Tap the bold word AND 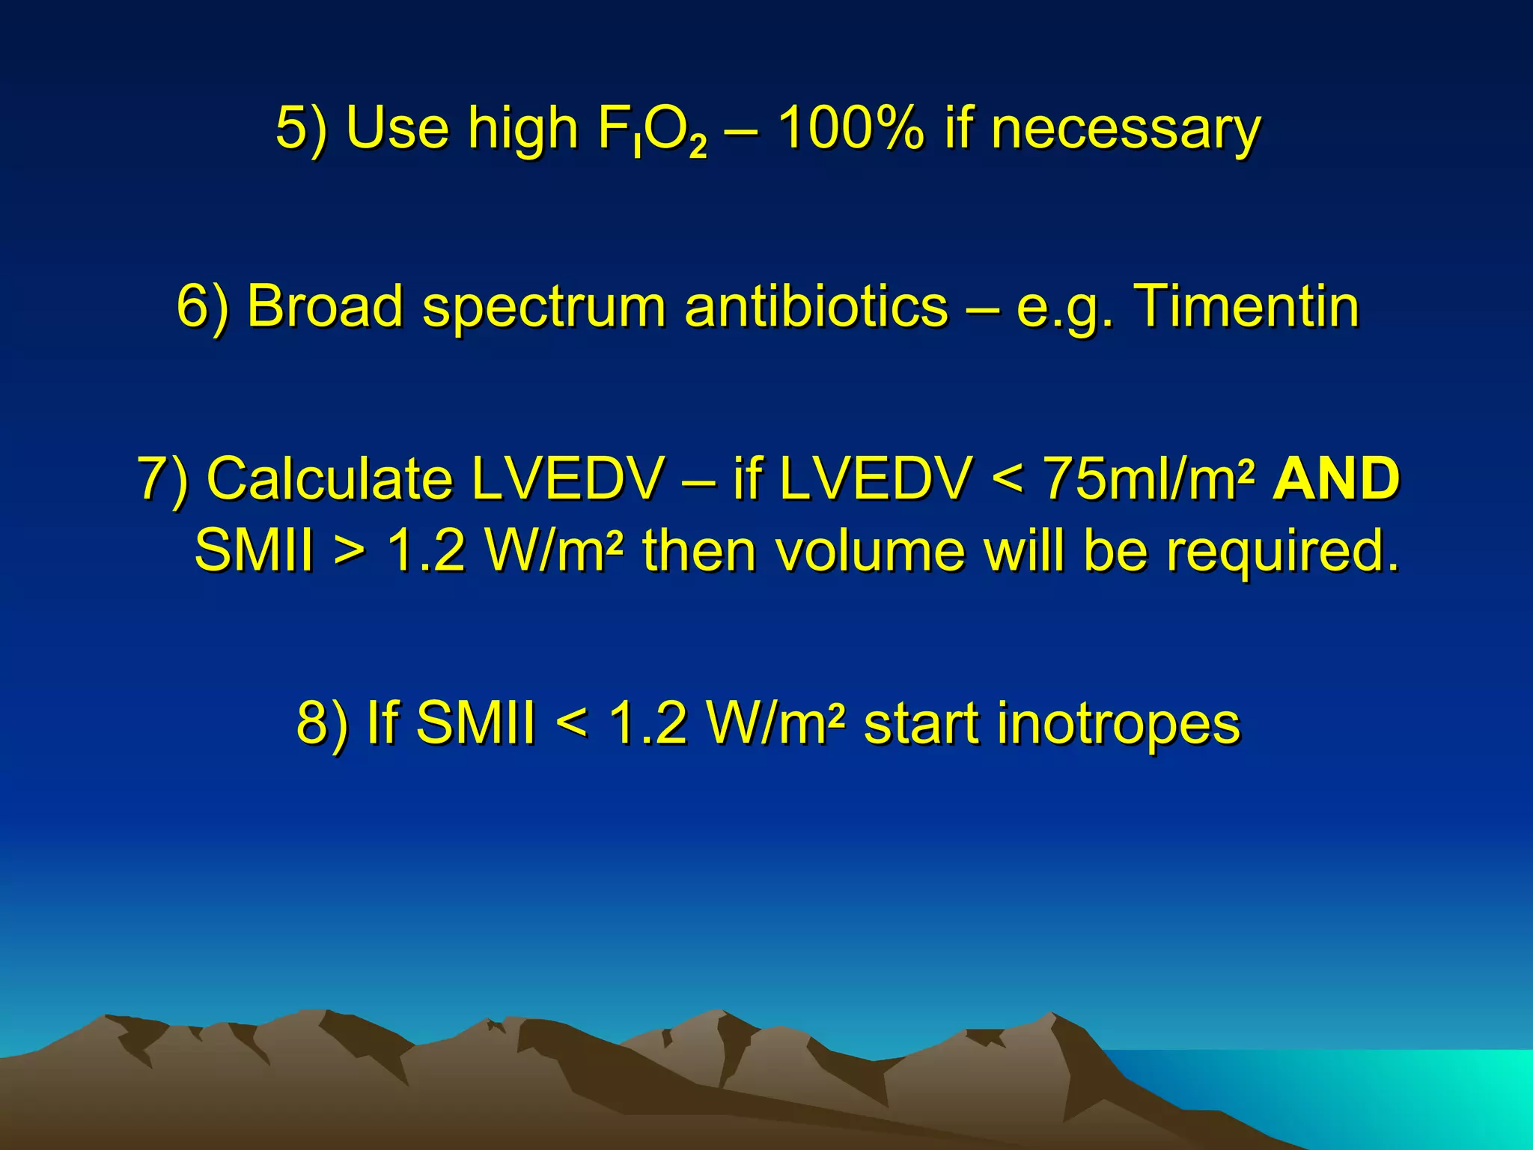(1337, 479)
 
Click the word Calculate (329, 479)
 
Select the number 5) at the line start (302, 129)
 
